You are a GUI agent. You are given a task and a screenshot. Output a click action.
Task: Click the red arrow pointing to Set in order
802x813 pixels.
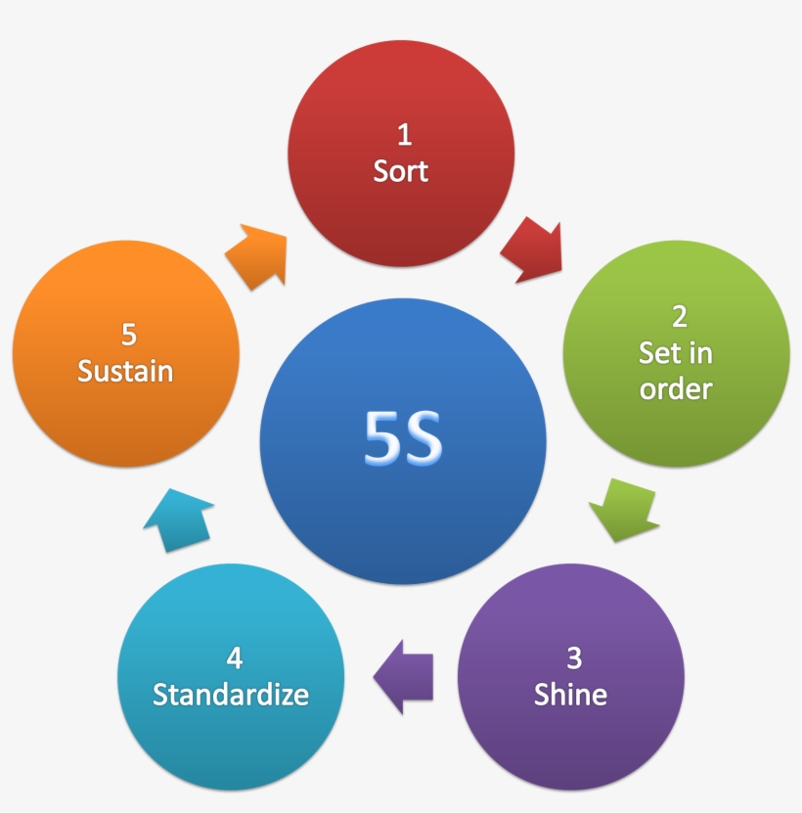point(533,251)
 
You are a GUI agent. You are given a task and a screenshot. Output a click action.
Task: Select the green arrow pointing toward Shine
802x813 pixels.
point(624,508)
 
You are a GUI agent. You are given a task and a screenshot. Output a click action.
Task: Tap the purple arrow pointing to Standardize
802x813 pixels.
point(404,676)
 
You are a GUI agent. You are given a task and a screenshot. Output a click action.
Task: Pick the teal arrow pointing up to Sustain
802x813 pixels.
point(180,519)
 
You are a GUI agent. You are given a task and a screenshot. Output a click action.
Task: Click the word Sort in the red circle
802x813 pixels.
point(401,171)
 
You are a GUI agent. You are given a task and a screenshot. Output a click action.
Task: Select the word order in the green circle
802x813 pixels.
point(676,388)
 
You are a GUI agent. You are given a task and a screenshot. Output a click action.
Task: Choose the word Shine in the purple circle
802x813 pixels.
point(570,695)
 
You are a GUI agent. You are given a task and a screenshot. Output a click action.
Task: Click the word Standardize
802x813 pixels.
point(231,695)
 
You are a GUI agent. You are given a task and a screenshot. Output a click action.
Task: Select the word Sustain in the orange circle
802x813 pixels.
point(125,372)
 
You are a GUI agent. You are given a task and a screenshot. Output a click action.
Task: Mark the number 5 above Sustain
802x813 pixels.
point(128,335)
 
